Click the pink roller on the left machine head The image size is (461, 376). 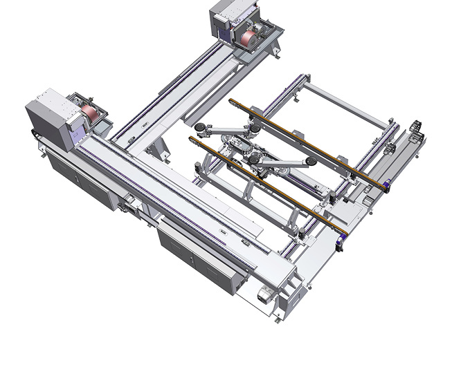(x=89, y=113)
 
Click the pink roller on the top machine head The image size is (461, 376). (x=248, y=37)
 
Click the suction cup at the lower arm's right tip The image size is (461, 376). (x=314, y=161)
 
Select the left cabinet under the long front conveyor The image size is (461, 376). (x=78, y=179)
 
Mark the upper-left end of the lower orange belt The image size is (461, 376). (x=192, y=140)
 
